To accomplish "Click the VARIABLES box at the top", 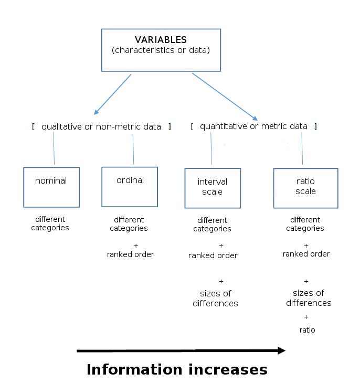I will point(161,50).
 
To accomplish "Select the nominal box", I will point(51,187).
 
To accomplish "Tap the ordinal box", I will point(130,186).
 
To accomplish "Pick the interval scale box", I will point(213,188).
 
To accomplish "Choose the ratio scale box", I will point(305,188).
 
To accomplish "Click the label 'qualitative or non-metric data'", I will point(101,126).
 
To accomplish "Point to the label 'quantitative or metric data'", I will point(253,126).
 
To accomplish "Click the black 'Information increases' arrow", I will point(181,350).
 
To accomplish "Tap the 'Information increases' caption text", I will point(177,369).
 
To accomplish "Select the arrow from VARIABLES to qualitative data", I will point(113,94).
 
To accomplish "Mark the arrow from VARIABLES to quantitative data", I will point(225,97).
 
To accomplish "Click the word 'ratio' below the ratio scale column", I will point(307,330).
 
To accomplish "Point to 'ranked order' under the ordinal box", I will point(130,254).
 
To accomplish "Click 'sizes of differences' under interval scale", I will point(215,298).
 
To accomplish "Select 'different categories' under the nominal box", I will point(50,223).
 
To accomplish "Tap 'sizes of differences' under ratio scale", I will point(309,298).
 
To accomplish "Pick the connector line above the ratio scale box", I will point(302,148).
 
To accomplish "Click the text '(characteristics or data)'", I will point(161,50).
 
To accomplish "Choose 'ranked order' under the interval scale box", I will point(213,255).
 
